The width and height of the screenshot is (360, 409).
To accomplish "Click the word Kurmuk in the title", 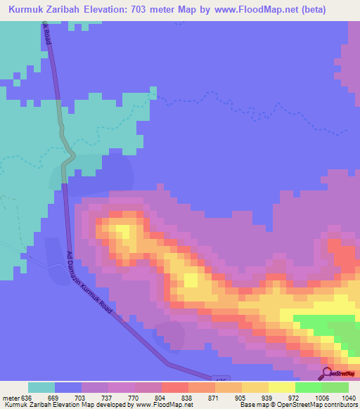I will pos(28,10).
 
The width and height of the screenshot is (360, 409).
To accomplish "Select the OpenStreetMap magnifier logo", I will pos(326,373).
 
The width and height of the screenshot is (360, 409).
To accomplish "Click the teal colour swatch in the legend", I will pos(41,387).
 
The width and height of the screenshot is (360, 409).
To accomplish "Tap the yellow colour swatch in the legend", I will pos(282,387).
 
